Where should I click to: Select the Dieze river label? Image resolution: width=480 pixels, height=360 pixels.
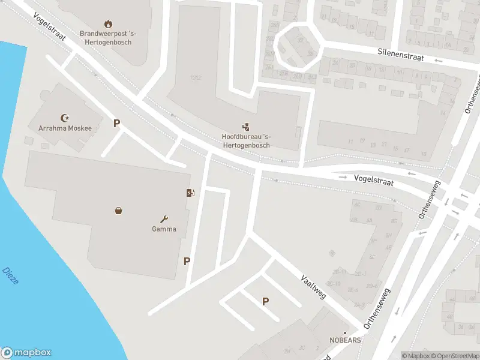[10, 275]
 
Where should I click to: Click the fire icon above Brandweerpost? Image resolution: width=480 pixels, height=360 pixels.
[108, 24]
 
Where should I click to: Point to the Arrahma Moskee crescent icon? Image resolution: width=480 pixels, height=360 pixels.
[65, 118]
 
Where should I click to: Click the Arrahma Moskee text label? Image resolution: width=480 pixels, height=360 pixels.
[65, 128]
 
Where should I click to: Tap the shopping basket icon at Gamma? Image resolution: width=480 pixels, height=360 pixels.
[119, 210]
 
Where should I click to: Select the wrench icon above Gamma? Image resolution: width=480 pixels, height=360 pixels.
[164, 219]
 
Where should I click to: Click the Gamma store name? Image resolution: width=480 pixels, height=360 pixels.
[164, 229]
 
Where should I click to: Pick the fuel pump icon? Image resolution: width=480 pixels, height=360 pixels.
[190, 193]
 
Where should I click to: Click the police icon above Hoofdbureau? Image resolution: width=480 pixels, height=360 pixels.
[245, 126]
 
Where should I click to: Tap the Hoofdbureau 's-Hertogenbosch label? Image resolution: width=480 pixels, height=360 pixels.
[245, 141]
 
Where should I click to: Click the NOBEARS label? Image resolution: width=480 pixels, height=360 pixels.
[345, 340]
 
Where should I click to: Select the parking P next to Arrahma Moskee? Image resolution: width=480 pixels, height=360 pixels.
[117, 124]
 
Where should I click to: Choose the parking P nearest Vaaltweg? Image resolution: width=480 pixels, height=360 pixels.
[265, 302]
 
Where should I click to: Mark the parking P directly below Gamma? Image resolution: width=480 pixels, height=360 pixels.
[187, 261]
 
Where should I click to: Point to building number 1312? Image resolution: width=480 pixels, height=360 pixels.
[195, 78]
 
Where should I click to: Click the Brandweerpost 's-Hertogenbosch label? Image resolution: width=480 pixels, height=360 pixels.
[108, 38]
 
